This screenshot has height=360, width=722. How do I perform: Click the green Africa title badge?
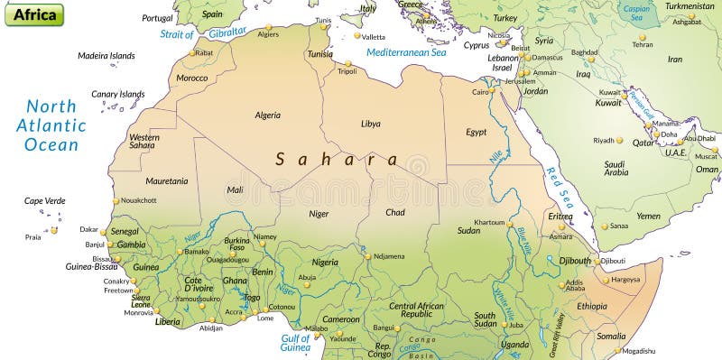point(33,14)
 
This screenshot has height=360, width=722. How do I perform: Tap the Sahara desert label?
point(337,159)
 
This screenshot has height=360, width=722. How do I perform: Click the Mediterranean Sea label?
point(406,52)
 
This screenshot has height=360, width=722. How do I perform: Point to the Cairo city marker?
point(493,91)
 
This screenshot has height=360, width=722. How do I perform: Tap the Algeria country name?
point(267,115)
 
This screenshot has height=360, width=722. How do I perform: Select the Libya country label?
point(370,124)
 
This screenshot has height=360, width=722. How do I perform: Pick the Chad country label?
point(394,212)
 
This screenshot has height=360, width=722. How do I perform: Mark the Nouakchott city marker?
point(116,200)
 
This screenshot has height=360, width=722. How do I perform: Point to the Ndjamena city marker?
point(367,256)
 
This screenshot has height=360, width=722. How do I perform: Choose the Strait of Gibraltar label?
point(203,34)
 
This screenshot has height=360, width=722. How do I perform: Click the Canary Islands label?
point(117,94)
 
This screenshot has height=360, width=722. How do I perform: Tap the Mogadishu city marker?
point(619,350)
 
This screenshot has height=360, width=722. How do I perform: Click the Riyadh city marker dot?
point(619,140)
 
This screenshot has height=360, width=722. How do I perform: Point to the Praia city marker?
point(53,230)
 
